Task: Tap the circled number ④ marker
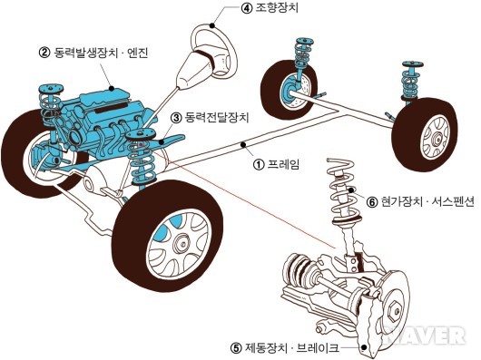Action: [246, 8]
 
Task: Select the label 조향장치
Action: [277, 8]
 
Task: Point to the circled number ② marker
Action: [44, 53]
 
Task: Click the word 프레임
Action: [283, 164]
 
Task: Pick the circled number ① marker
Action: [259, 164]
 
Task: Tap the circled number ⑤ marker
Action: [236, 348]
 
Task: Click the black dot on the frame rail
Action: [243, 144]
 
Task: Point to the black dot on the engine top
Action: [112, 89]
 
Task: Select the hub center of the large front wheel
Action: [181, 244]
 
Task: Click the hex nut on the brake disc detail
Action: [394, 311]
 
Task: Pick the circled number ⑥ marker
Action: [372, 202]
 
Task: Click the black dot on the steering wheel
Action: [212, 25]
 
